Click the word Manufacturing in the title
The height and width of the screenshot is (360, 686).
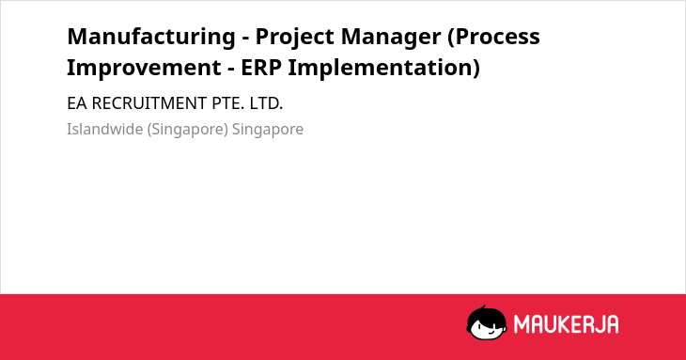tap(151, 37)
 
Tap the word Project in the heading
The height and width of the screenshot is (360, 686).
tap(295, 38)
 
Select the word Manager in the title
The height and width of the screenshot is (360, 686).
tap(391, 38)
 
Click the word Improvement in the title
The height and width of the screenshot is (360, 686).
tap(144, 68)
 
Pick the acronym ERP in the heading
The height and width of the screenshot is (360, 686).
tap(261, 68)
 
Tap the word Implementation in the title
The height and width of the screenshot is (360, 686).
tap(384, 69)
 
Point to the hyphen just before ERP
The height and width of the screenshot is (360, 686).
tap(231, 70)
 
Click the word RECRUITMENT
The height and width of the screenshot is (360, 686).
tap(149, 103)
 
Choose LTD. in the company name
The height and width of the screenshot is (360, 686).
tap(267, 103)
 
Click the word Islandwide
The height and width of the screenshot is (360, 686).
tap(104, 129)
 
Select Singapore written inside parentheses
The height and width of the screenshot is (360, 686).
tap(188, 130)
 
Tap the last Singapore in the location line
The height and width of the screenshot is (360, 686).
tap(268, 130)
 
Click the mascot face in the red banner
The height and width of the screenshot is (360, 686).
tap(487, 322)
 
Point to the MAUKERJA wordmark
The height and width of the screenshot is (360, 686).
tap(566, 324)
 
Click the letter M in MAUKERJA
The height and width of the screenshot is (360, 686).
tap(522, 324)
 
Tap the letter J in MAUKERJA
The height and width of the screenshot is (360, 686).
tap(597, 324)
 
